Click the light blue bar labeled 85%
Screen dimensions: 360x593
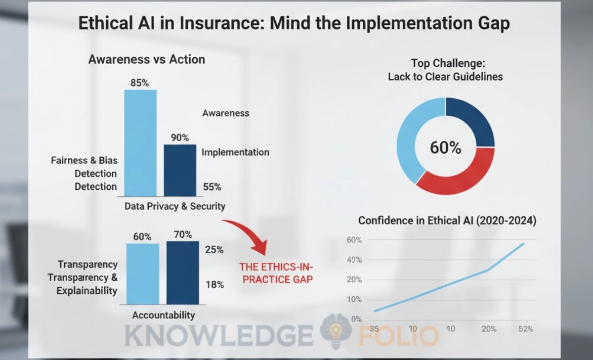[x=140, y=143]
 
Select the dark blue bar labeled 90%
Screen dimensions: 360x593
[x=180, y=171]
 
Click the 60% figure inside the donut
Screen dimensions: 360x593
[x=445, y=147]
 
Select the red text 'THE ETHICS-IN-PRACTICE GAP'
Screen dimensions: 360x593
[x=276, y=272]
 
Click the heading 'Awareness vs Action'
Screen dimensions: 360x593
[x=146, y=59]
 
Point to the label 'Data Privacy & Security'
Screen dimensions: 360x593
[x=175, y=206]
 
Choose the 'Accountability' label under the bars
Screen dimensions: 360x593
[x=164, y=315]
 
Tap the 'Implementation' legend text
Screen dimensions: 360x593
[x=235, y=152]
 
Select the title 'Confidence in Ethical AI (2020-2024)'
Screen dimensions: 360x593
[x=447, y=221]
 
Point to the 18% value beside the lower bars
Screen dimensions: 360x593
[x=214, y=284]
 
